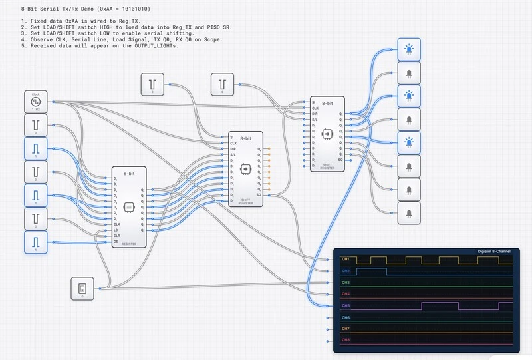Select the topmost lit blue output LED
pos(409,49)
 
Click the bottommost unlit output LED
pos(409,212)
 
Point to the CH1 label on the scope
pos(345,258)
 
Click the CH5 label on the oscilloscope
pos(345,305)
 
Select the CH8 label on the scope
pos(345,340)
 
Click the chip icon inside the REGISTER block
pos(129,207)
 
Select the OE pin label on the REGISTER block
pos(116,242)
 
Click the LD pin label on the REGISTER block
pos(116,230)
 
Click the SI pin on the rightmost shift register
pos(314,102)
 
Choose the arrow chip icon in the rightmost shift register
pos(327,134)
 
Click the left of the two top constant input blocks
pos(152,85)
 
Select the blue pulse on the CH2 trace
pos(371,270)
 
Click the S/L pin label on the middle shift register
pos(233,155)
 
